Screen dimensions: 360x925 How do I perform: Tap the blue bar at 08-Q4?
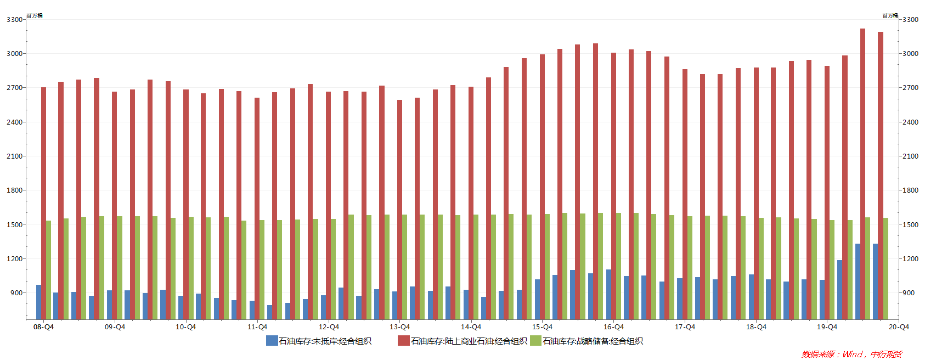[x=38, y=302]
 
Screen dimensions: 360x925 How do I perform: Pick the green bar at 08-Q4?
[x=48, y=269]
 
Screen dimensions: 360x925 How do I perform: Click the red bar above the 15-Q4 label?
[x=542, y=187]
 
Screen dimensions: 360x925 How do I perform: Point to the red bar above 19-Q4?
[x=827, y=192]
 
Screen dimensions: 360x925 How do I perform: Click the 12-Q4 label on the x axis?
[x=329, y=327]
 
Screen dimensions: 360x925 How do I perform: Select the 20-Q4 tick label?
[x=899, y=327]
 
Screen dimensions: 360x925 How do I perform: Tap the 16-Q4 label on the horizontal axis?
[x=613, y=327]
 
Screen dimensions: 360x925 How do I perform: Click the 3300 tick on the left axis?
[x=15, y=20]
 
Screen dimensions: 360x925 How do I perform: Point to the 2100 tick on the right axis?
[x=910, y=156]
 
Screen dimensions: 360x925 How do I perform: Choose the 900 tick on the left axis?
[x=16, y=293]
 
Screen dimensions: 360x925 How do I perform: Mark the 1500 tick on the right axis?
[x=910, y=224]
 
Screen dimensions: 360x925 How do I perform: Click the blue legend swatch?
[x=272, y=341]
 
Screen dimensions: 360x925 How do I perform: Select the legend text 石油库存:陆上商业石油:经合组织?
[x=469, y=341]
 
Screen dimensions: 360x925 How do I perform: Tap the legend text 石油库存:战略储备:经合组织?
[x=593, y=341]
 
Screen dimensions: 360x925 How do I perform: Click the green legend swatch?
[x=535, y=341]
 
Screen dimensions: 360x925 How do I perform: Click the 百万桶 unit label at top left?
[x=35, y=16]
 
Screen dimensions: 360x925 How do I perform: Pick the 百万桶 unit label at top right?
[x=890, y=16]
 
